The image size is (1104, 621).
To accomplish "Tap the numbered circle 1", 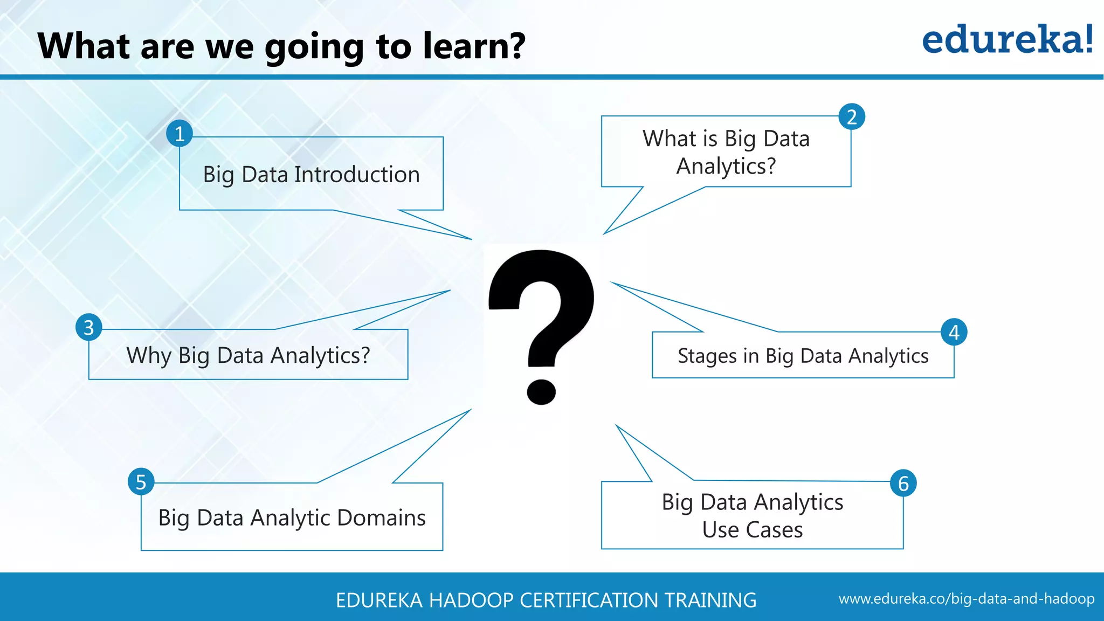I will [180, 134].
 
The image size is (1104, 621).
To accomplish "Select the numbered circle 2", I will [852, 117].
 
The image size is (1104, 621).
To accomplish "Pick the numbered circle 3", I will [89, 328].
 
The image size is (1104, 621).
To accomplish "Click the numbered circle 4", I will [954, 332].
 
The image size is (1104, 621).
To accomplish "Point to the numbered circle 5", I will [141, 482].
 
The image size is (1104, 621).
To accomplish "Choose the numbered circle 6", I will [903, 483].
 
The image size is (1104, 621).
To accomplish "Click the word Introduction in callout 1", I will [357, 175].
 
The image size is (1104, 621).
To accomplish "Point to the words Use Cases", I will [753, 530].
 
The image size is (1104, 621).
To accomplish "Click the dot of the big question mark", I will [541, 391].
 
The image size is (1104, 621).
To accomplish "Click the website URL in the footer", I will [966, 599].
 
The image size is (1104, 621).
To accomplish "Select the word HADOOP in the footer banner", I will [471, 600].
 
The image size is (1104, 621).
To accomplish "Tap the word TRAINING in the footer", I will [710, 600].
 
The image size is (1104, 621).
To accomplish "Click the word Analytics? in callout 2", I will [726, 166].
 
